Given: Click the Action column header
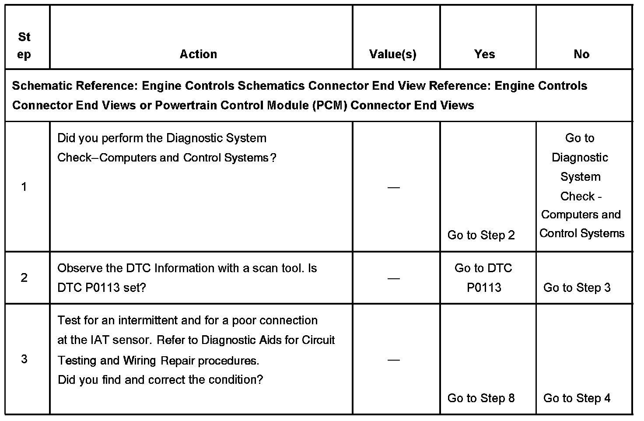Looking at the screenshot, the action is coord(198,54).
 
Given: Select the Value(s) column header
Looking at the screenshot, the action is coord(392,54).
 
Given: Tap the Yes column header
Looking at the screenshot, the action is coord(484,54).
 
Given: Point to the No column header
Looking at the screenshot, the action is coord(581,54).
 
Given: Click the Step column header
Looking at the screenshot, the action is coord(24,46).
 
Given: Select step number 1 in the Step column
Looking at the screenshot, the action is coord(24,187).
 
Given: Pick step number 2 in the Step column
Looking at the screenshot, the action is coord(24,277).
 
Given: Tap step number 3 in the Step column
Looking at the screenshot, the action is coord(24,359).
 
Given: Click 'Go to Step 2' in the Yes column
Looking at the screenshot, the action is coord(481,235).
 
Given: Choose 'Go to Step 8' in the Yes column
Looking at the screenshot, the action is coord(481,398).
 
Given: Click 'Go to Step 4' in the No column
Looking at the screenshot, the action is coord(577,398).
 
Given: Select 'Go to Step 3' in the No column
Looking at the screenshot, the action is coord(577,288).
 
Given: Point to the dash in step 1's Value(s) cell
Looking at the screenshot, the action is coord(394,187).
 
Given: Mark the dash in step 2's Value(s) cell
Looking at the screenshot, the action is coord(394,278).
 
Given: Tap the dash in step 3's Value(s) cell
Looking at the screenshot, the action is coord(394,360).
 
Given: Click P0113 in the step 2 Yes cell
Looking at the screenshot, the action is coord(483,288).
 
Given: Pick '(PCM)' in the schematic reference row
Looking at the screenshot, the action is coord(330,105).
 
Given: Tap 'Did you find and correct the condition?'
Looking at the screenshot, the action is coord(160,379).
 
